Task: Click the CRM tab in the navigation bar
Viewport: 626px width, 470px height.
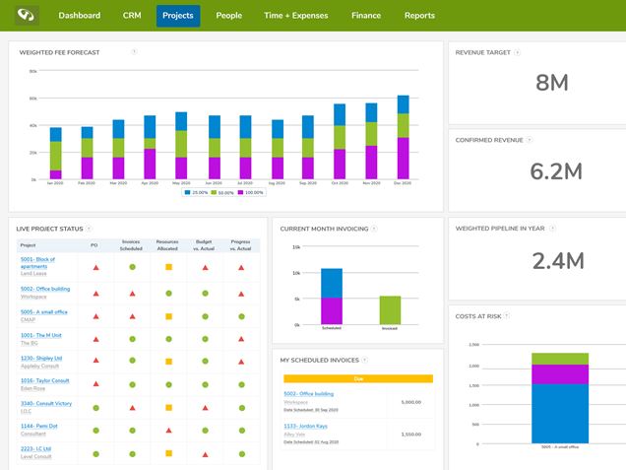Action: pyautogui.click(x=132, y=16)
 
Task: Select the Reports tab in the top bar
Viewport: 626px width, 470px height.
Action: pyautogui.click(x=419, y=16)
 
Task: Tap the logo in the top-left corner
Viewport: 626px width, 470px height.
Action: pyautogui.click(x=22, y=16)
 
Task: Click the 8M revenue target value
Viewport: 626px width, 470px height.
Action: pyautogui.click(x=552, y=84)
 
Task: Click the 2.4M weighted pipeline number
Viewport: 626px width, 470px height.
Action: pyautogui.click(x=558, y=261)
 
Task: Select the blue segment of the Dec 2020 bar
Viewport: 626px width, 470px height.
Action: pyautogui.click(x=403, y=103)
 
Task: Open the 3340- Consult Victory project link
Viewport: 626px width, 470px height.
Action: pyautogui.click(x=45, y=403)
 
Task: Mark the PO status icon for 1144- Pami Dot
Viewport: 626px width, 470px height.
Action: pyautogui.click(x=94, y=430)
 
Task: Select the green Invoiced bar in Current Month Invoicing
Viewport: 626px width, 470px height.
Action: pyautogui.click(x=390, y=310)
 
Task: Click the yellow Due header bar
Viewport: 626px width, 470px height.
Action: pyautogui.click(x=358, y=378)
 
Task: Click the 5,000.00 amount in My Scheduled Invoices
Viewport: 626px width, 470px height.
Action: pyautogui.click(x=411, y=401)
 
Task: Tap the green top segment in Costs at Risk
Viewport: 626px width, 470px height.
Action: pyautogui.click(x=559, y=359)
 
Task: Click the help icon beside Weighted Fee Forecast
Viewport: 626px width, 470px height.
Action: pyautogui.click(x=134, y=51)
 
